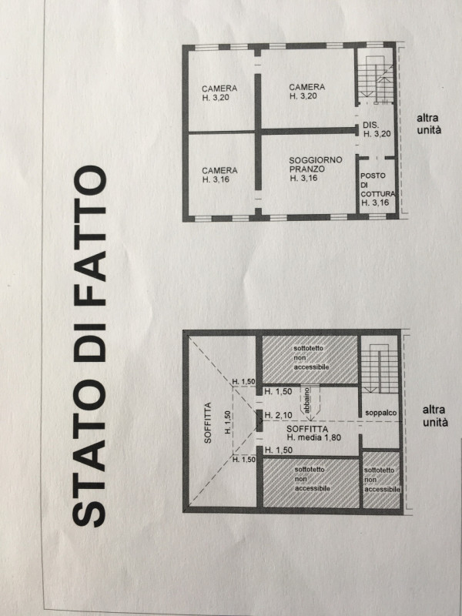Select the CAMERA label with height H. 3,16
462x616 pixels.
pyautogui.click(x=219, y=174)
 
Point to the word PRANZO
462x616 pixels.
pyautogui.click(x=306, y=169)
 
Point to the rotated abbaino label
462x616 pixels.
pyautogui.click(x=306, y=402)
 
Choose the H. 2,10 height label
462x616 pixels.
pyautogui.click(x=276, y=416)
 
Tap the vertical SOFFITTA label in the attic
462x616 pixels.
pyautogui.click(x=207, y=428)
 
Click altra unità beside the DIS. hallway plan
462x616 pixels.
pyautogui.click(x=428, y=125)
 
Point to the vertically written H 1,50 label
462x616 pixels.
pyautogui.click(x=228, y=421)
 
